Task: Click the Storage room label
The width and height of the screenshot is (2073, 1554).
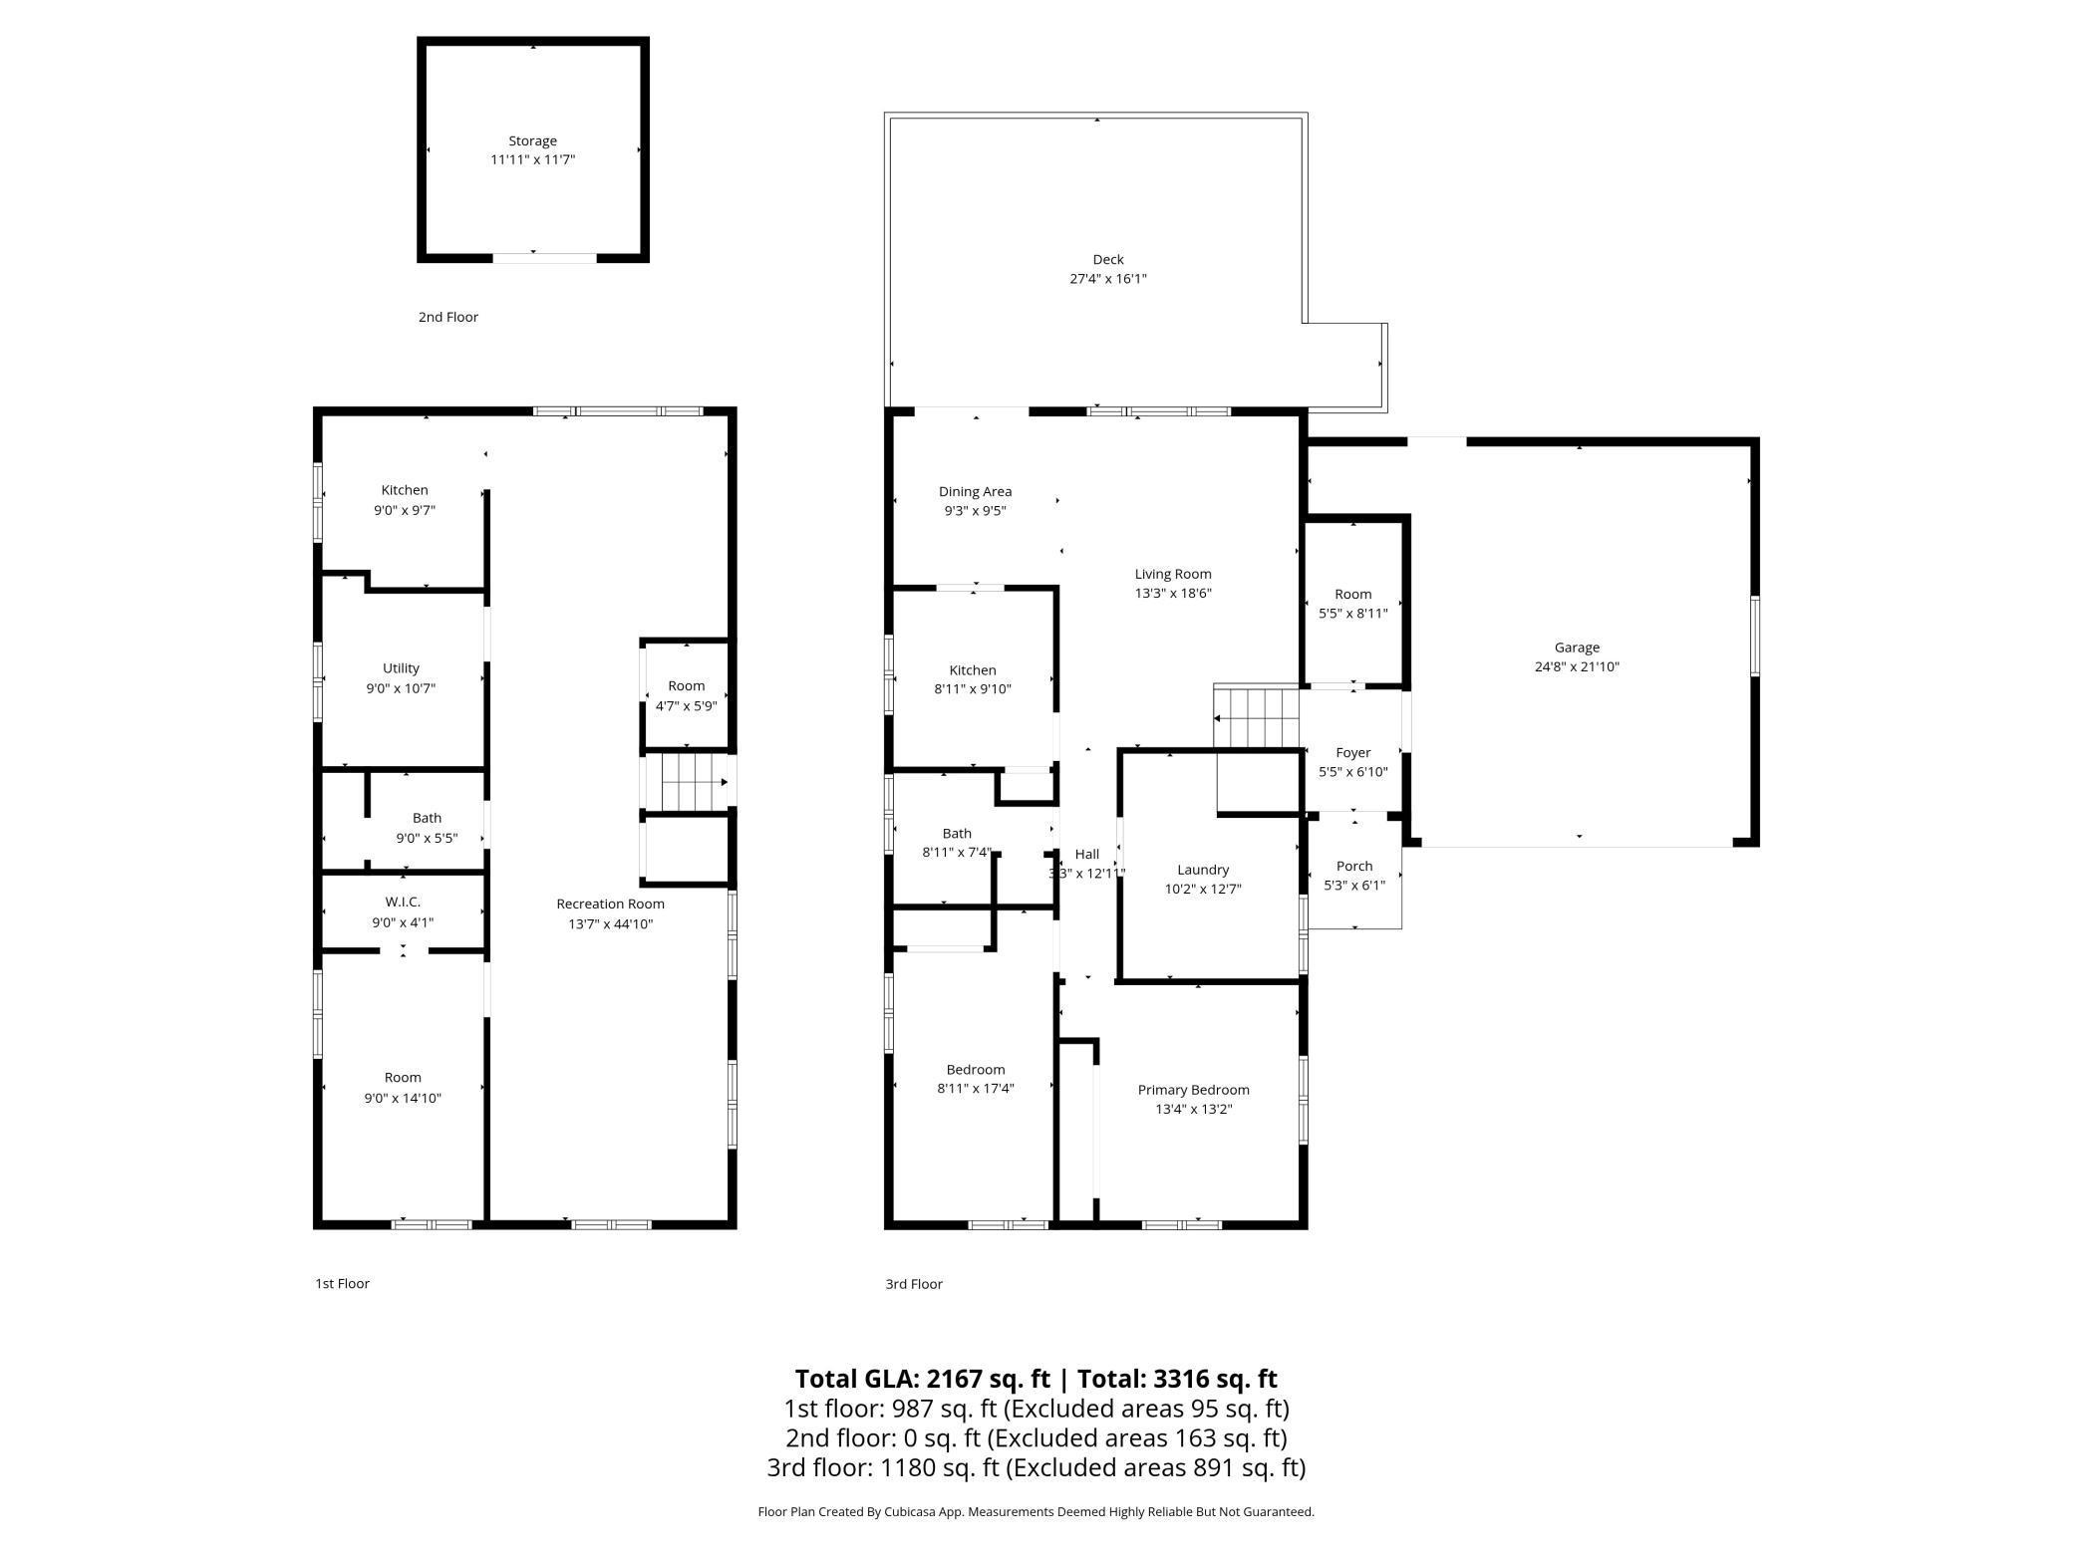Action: [x=532, y=141]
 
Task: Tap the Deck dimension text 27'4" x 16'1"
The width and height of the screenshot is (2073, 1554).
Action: [x=1107, y=279]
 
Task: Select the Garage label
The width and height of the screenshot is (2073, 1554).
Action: [x=1576, y=647]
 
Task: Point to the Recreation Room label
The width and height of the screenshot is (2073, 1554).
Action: [x=610, y=904]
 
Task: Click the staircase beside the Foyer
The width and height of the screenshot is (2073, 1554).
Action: [x=1257, y=717]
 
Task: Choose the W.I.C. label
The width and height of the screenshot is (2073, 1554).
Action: [x=403, y=902]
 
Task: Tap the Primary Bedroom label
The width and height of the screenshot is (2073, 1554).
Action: [x=1193, y=1090]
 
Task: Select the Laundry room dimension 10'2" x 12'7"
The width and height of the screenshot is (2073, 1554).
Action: [x=1202, y=890]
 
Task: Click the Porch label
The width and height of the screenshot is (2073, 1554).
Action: [x=1353, y=866]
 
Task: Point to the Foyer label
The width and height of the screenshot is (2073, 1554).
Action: [x=1352, y=752]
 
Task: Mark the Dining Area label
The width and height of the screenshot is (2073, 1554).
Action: [x=975, y=491]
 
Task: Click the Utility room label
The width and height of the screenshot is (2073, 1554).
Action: [x=401, y=668]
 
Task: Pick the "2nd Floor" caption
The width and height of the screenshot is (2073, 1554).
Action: [x=447, y=317]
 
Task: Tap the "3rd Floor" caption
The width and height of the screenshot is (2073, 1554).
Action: [x=913, y=1284]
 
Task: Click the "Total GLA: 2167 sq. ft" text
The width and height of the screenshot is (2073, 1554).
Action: [x=922, y=1379]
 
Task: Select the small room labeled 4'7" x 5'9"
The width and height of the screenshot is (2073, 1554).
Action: [x=686, y=695]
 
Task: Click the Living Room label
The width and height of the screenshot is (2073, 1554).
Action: [x=1172, y=574]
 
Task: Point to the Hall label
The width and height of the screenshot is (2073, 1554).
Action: [x=1086, y=854]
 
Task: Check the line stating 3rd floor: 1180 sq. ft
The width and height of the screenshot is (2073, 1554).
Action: [x=1036, y=1467]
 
